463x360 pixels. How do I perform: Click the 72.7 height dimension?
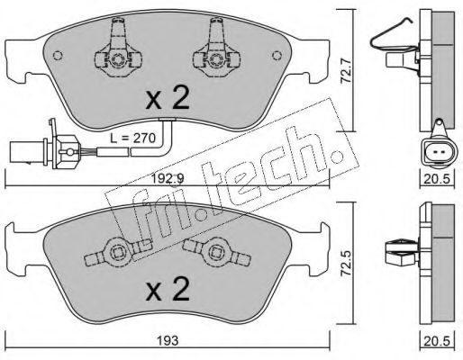pyautogui.click(x=348, y=71)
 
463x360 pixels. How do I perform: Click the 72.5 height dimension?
pyautogui.click(x=348, y=263)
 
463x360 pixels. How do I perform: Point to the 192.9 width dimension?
pyautogui.click(x=168, y=179)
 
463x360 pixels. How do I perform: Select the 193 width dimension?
pyautogui.click(x=168, y=340)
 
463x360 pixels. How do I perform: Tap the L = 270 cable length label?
pyautogui.click(x=132, y=139)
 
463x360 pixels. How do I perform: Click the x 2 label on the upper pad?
pyautogui.click(x=168, y=97)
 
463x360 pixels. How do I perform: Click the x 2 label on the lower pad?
pyautogui.click(x=168, y=289)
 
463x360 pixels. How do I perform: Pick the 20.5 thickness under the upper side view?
pyautogui.click(x=437, y=179)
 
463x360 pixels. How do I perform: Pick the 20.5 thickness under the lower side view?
pyautogui.click(x=437, y=340)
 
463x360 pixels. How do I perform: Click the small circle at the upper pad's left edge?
pyautogui.click(x=58, y=56)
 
